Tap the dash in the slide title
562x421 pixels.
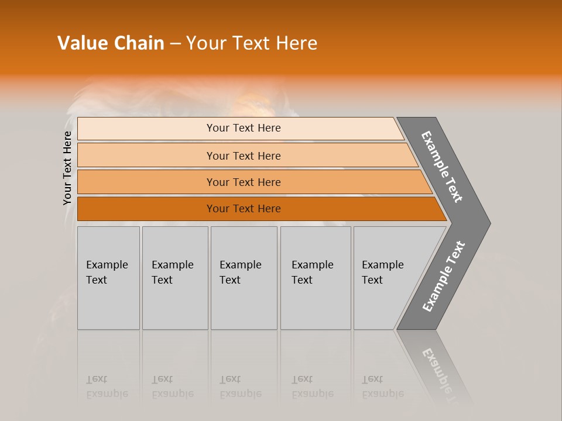click(x=175, y=44)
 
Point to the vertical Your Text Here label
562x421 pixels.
click(x=67, y=168)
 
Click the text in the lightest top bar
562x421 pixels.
click(x=244, y=128)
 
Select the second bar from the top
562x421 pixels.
click(x=244, y=156)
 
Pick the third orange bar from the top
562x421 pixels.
click(x=244, y=182)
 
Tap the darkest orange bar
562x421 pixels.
click(x=244, y=209)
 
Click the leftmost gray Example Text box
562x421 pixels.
click(x=108, y=278)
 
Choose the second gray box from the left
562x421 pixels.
click(x=174, y=278)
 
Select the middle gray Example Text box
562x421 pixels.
click(x=244, y=278)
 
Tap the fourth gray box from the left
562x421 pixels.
click(x=315, y=278)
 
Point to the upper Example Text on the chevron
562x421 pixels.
click(x=442, y=167)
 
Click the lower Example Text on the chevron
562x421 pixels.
click(x=444, y=276)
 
